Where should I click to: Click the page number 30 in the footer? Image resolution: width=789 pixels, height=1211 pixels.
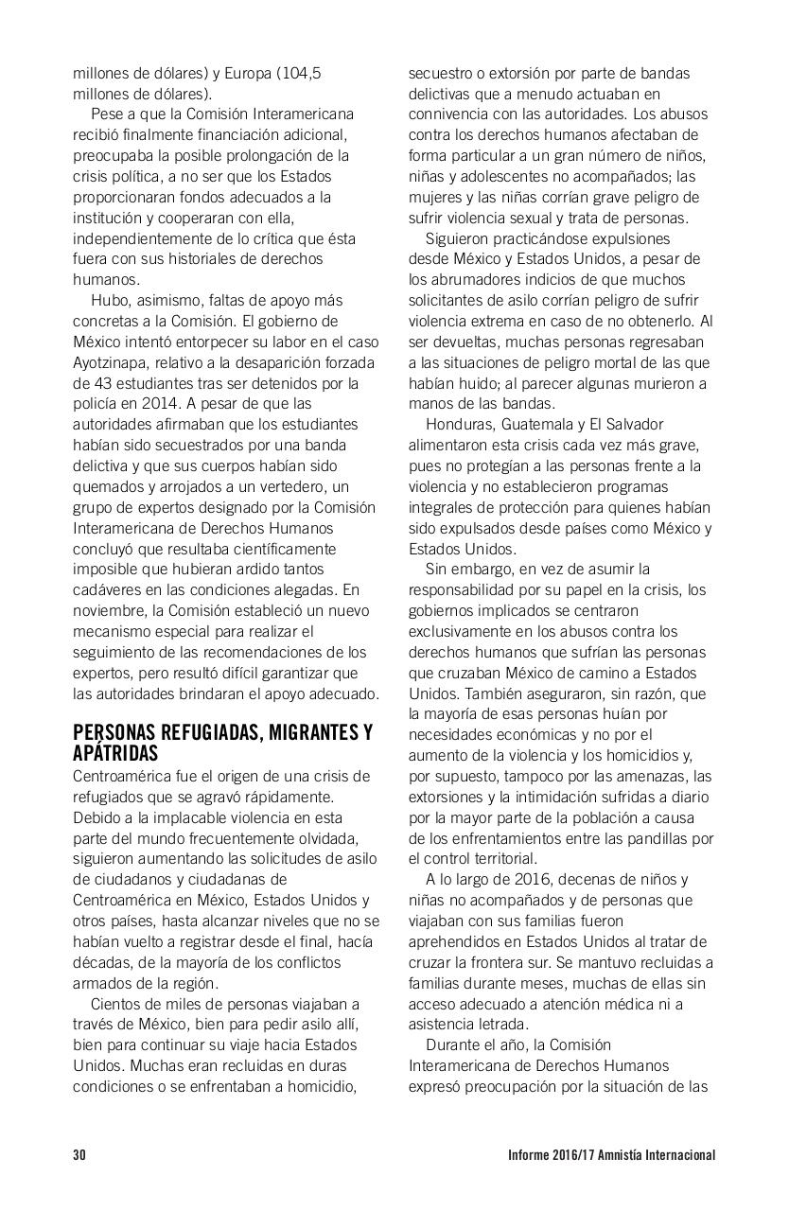(79, 1154)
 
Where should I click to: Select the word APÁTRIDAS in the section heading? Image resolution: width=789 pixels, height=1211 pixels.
(115, 752)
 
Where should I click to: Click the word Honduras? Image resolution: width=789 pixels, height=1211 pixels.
(461, 424)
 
